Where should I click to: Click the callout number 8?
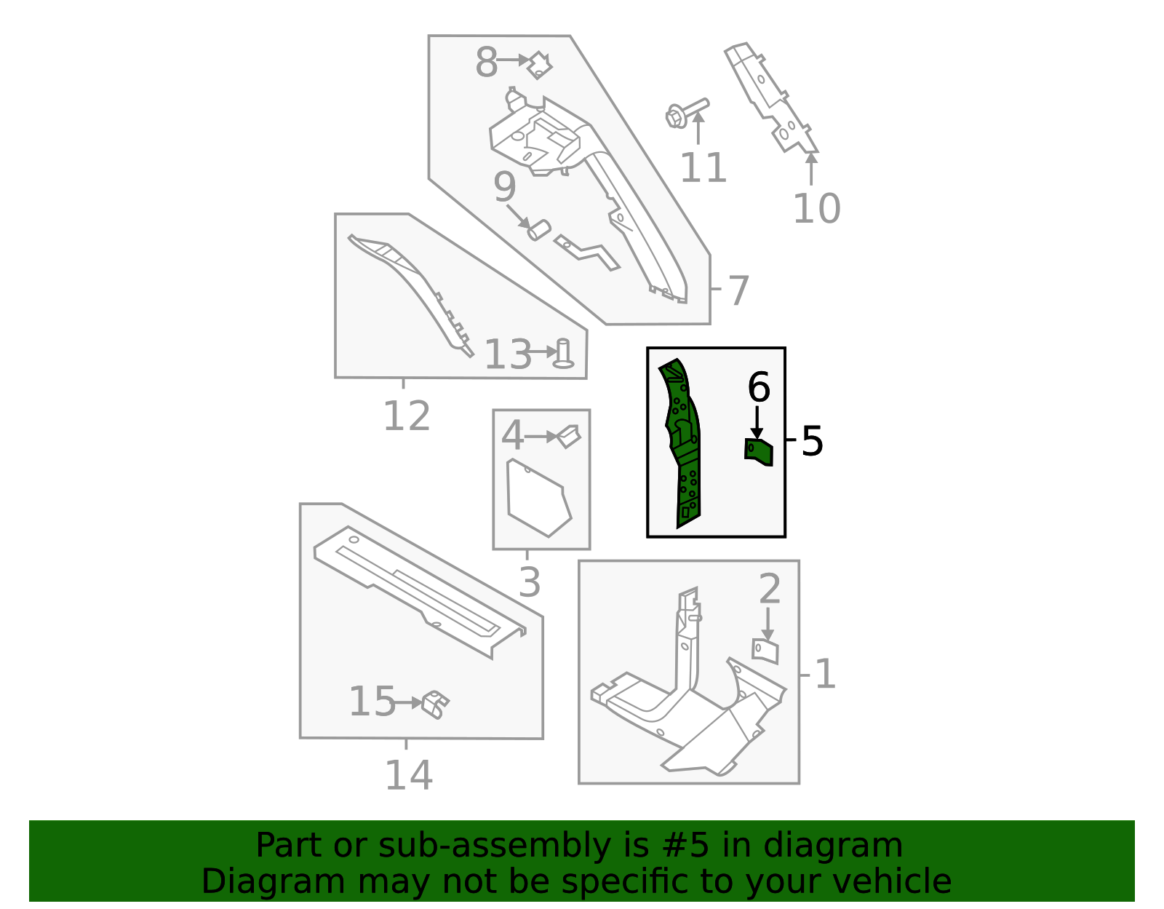486,63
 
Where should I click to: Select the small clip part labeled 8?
539,65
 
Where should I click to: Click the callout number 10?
816,209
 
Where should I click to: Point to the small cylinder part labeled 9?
538,231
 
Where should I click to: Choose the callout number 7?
738,290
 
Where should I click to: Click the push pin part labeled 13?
562,354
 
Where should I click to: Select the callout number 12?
406,417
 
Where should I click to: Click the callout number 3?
530,583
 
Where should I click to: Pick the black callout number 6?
758,387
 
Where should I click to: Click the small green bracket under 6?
759,452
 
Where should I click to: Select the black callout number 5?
812,441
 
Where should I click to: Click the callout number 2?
769,589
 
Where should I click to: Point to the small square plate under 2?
765,651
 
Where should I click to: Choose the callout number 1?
825,674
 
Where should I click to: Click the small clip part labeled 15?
435,704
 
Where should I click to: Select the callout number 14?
408,776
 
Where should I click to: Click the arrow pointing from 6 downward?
757,423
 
